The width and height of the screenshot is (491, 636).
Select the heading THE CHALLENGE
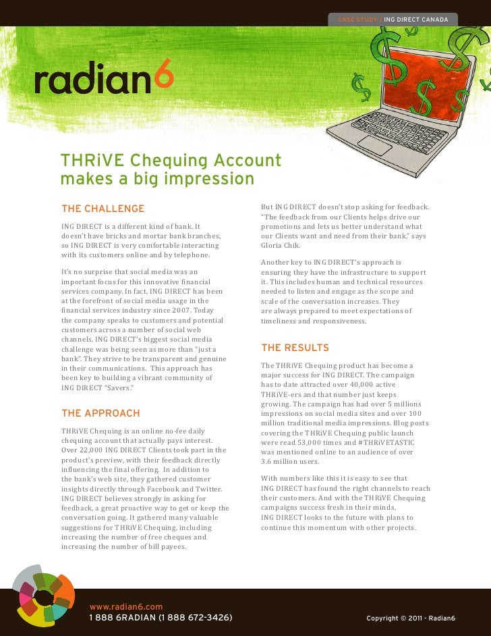point(103,209)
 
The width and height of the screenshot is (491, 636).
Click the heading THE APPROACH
point(100,413)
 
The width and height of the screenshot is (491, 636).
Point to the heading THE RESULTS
point(295,348)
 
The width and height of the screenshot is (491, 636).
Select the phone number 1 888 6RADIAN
point(122,618)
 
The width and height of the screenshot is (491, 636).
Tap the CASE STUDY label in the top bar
point(358,18)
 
